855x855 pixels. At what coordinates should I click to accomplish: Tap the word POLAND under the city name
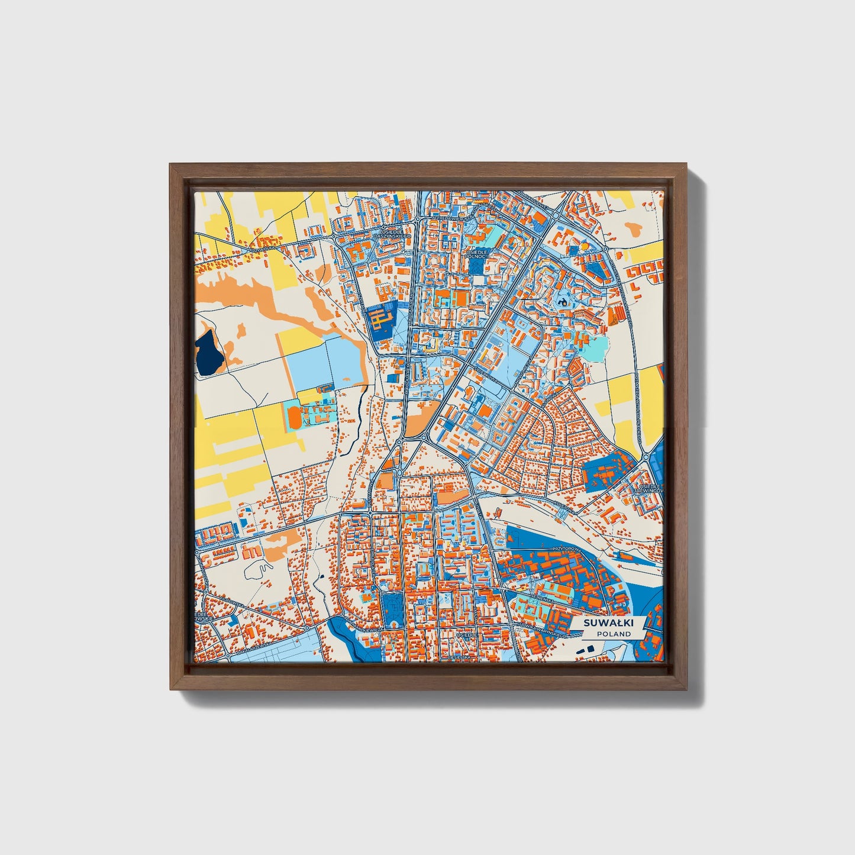click(614, 634)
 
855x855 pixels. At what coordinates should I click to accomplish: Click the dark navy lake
click(209, 353)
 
